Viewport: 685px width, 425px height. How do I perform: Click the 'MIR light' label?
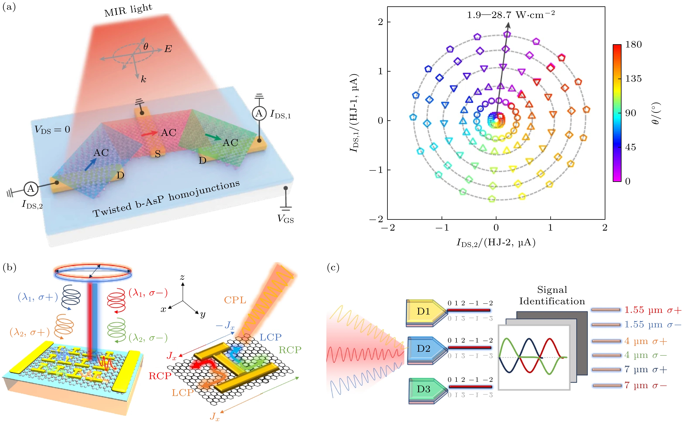point(128,11)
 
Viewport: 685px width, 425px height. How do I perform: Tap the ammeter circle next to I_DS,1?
point(259,114)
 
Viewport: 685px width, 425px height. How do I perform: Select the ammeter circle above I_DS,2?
point(31,189)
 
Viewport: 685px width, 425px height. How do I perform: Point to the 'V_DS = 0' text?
point(52,129)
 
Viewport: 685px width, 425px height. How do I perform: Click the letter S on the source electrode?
point(158,154)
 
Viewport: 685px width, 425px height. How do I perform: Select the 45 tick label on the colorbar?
point(631,147)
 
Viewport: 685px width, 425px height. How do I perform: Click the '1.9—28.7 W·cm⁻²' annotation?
point(511,15)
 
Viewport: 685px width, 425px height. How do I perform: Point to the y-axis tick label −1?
point(376,170)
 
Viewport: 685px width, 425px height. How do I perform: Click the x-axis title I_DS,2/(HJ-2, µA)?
point(496,242)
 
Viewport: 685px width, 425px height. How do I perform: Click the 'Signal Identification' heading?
point(552,295)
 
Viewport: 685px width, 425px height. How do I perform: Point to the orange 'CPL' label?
point(235,300)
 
